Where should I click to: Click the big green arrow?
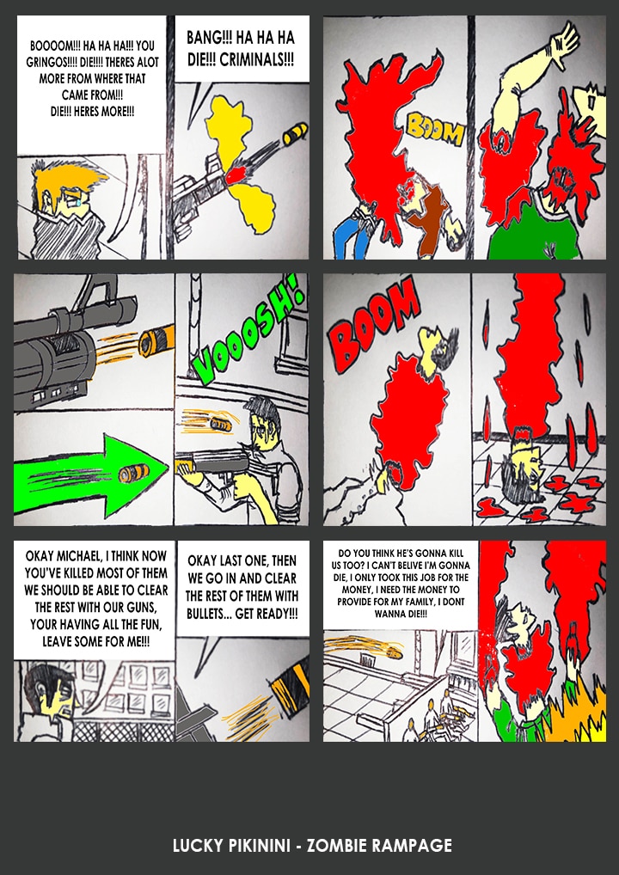pos(90,474)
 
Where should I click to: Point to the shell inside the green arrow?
pos(134,474)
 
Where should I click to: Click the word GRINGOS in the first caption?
pos(48,62)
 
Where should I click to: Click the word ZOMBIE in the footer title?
pos(337,846)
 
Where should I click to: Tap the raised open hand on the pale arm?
pos(564,39)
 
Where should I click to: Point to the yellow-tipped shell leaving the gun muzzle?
pos(295,134)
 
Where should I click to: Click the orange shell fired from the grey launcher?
pos(156,341)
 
